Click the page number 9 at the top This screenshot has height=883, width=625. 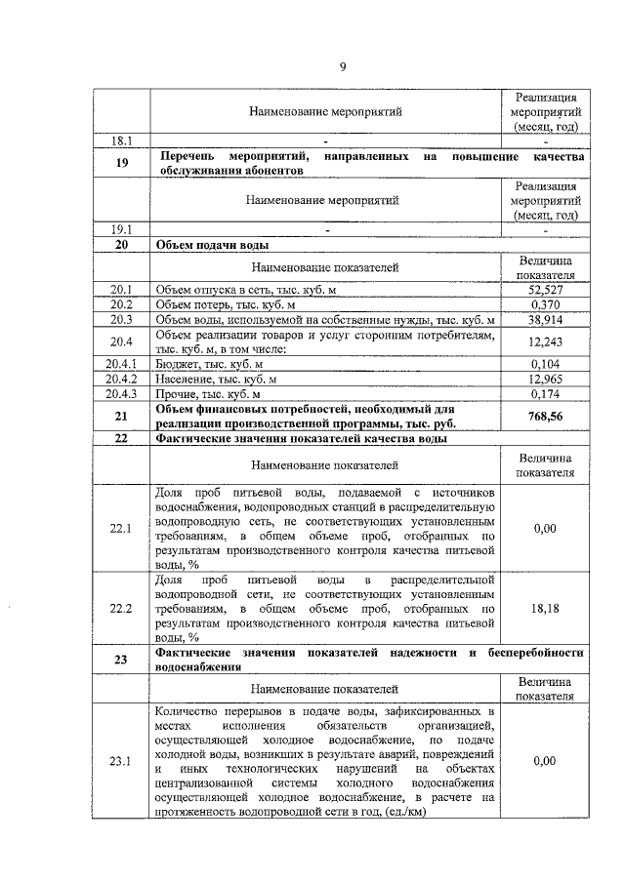coord(343,66)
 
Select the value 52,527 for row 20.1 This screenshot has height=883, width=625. coord(548,290)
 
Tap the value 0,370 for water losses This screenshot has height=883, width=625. coord(548,304)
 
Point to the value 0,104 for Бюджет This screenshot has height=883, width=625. coord(548,364)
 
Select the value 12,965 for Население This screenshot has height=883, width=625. coord(548,379)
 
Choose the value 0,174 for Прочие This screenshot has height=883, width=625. coord(548,393)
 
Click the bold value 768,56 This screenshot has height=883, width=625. coord(548,416)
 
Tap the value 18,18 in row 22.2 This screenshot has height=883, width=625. coord(548,607)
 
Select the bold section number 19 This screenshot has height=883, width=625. coord(121,163)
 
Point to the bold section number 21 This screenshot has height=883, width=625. coord(121,416)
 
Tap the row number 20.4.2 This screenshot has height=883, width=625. coord(121,379)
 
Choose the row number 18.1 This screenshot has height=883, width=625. coord(121,140)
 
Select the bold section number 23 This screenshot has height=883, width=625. coord(121,660)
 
